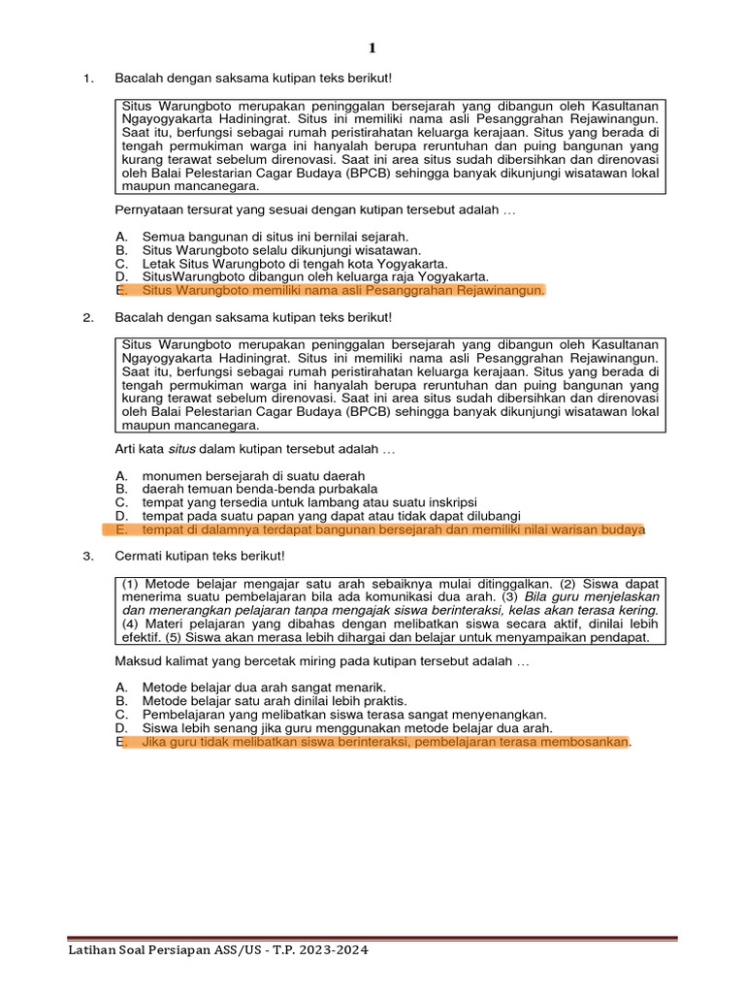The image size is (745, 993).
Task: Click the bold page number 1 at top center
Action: click(x=372, y=48)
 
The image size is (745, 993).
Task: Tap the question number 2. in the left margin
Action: click(x=88, y=317)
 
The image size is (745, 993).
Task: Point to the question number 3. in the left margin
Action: click(x=88, y=556)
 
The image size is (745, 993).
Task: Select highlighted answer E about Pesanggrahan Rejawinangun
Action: click(x=343, y=290)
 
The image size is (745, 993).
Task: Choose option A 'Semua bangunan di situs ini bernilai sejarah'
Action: click(x=275, y=236)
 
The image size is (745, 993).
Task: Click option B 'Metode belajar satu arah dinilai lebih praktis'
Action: click(x=274, y=700)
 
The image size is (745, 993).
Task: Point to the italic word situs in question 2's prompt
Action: click(x=181, y=449)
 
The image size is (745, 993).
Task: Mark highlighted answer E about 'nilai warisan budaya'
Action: click(x=392, y=529)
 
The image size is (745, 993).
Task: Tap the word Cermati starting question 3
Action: click(x=139, y=556)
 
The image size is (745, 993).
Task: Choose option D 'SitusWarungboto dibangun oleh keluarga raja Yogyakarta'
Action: click(x=314, y=276)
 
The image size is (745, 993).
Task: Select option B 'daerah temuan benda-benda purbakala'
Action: click(x=259, y=489)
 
